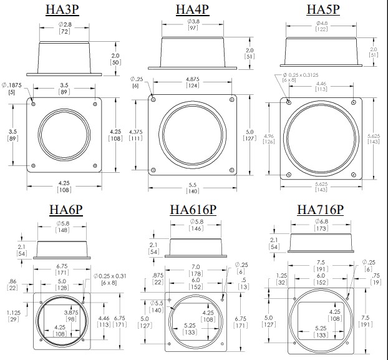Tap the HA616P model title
193,209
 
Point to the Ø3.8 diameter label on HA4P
192,22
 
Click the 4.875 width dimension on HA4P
192,80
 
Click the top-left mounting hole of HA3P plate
33,104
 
